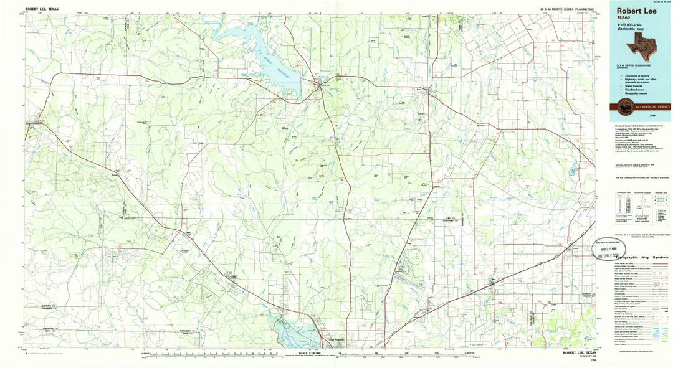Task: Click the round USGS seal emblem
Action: coord(624,105)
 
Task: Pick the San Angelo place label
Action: coord(335,339)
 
